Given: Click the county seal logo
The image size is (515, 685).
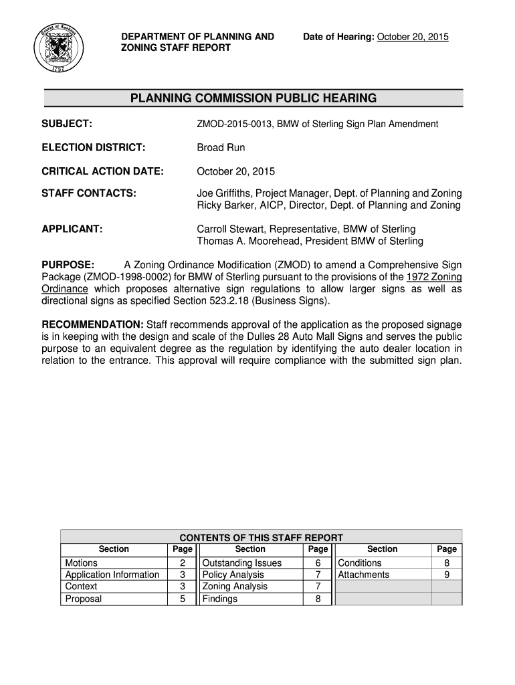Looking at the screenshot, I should coord(58,49).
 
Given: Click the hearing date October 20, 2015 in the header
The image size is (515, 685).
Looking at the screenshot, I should coord(413,37).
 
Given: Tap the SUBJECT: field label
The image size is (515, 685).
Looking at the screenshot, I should coord(67,124).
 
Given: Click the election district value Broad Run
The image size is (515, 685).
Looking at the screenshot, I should coord(221,147).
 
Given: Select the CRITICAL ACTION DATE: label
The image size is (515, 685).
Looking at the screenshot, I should coord(102,171).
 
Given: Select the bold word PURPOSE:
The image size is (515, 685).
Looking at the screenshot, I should coord(68,265).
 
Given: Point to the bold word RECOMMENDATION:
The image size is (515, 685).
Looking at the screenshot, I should coord(92,324).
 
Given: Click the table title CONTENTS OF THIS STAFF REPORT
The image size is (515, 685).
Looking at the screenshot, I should coord(261,537).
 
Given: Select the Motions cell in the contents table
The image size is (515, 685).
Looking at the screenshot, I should coord(81,563).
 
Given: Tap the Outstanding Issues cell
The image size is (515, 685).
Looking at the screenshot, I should coord(241,563).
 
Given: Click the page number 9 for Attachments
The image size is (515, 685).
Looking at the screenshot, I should coord(447,575).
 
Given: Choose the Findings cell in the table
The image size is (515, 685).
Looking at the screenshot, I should coord(219,599).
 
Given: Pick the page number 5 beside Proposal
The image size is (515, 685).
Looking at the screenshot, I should coord(182,599).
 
